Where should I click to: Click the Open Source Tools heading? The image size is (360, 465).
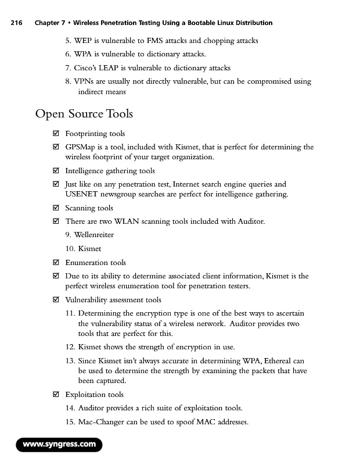pos(84,113)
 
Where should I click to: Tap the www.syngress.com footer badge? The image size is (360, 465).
pos(59,445)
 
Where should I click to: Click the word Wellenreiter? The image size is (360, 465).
pos(94,235)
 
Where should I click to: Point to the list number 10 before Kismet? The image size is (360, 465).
pos(70,249)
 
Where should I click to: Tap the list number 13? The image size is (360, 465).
pos(70,361)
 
